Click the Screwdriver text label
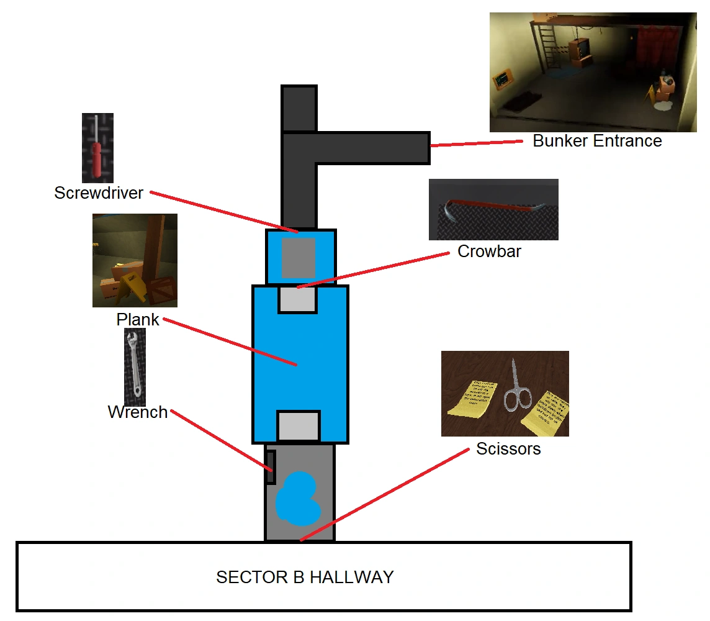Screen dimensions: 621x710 99,193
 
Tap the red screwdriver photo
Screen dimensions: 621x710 97,148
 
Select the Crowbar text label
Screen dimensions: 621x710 489,252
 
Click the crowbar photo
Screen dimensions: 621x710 493,209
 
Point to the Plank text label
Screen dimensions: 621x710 138,320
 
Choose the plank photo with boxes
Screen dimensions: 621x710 135,260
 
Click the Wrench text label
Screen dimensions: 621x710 138,412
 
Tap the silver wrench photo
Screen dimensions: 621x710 135,366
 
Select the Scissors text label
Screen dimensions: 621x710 508,449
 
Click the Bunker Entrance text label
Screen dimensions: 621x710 597,141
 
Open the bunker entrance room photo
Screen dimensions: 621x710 592,72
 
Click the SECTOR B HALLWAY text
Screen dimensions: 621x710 305,578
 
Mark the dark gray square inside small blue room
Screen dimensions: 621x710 299,257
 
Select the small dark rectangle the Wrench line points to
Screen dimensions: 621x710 271,467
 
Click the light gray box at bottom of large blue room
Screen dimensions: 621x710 298,427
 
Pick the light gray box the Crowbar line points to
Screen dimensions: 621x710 297,299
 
